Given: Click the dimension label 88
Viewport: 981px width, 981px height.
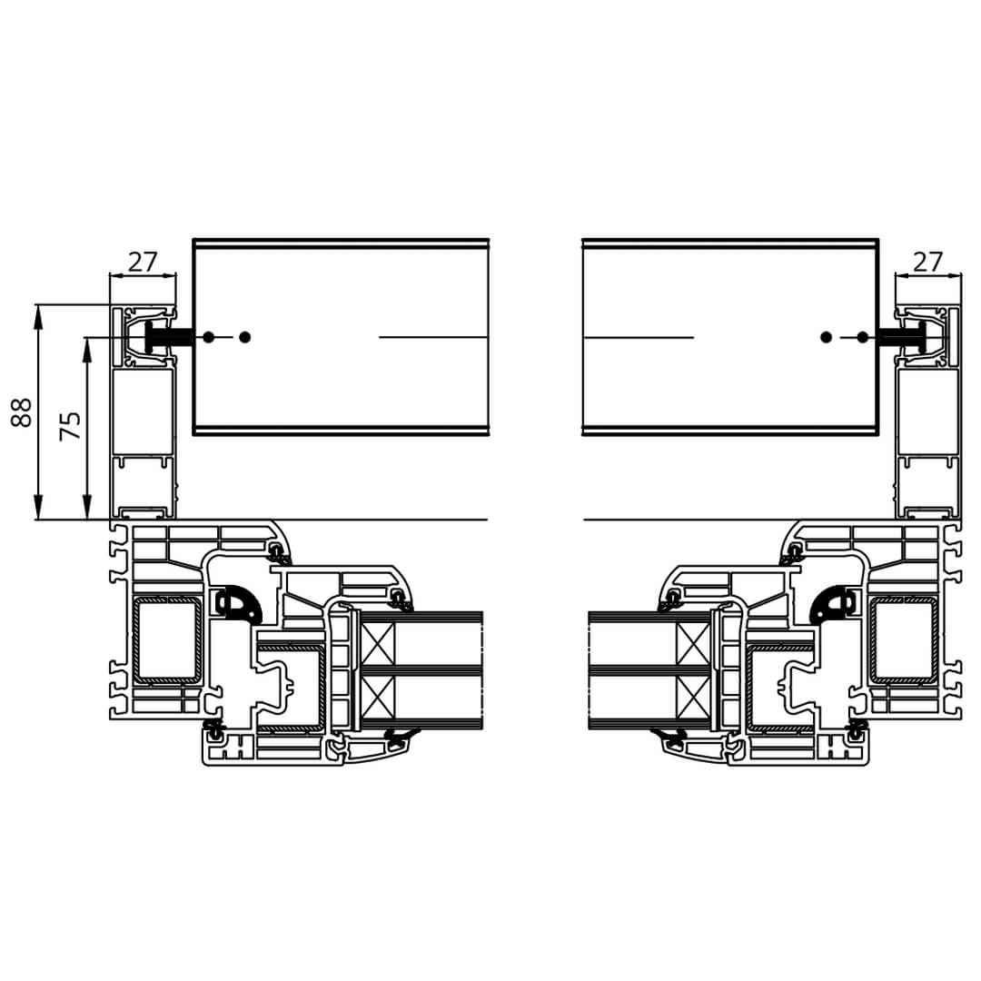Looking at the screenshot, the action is point(22,412).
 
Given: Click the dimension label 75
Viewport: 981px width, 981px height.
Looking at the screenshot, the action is point(70,426).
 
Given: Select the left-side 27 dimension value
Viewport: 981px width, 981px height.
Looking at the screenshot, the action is point(143,262).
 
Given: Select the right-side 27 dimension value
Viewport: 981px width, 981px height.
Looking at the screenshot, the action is point(927,262).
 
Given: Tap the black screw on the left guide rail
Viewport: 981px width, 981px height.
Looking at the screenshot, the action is point(168,337).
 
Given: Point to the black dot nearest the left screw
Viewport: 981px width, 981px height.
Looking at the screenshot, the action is point(209,337).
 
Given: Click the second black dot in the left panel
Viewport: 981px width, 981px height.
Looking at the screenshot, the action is point(245,337).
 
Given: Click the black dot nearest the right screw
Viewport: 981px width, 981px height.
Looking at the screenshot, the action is point(863,337).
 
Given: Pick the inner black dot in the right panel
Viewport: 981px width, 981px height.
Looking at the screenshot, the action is point(826,337).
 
